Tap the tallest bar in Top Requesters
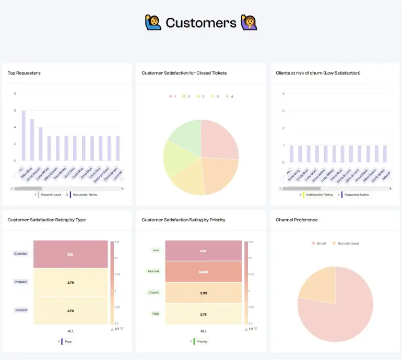tap(23, 136)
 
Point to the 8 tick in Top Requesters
tap(15, 93)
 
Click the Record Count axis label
tap(51, 195)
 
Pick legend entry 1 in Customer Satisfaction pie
tap(173, 97)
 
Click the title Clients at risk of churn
tap(318, 73)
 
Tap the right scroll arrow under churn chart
tap(391, 188)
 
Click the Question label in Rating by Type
tap(20, 254)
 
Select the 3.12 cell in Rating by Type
tap(70, 254)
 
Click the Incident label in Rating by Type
tap(21, 310)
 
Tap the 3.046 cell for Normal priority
tap(204, 272)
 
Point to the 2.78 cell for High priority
tap(204, 314)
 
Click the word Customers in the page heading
tap(201, 23)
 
